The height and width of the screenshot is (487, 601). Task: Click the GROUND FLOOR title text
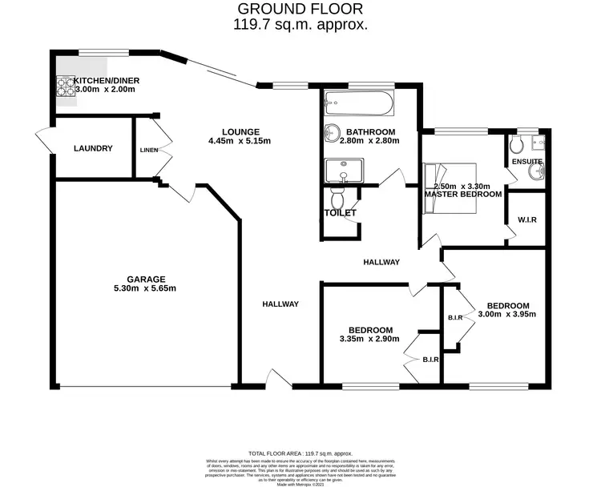point(300,9)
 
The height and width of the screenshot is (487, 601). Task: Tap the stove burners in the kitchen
point(65,86)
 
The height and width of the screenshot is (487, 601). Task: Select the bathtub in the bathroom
point(358,105)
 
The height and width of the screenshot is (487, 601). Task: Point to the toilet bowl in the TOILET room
point(337,198)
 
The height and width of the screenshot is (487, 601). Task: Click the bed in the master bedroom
point(449,188)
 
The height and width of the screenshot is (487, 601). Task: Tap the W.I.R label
point(526,219)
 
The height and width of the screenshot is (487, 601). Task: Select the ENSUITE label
point(527,162)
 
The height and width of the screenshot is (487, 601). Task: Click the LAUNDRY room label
point(93,148)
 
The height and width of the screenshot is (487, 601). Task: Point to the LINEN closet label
point(149,150)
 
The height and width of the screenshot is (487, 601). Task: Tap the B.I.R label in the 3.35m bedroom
point(430,360)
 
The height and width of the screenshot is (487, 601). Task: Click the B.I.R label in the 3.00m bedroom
point(457,318)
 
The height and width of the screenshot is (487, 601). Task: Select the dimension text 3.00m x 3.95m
point(506,314)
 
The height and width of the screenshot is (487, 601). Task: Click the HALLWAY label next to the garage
point(280,304)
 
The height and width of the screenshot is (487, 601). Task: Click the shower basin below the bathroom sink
point(344,171)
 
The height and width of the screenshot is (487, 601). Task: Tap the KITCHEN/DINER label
point(104,81)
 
